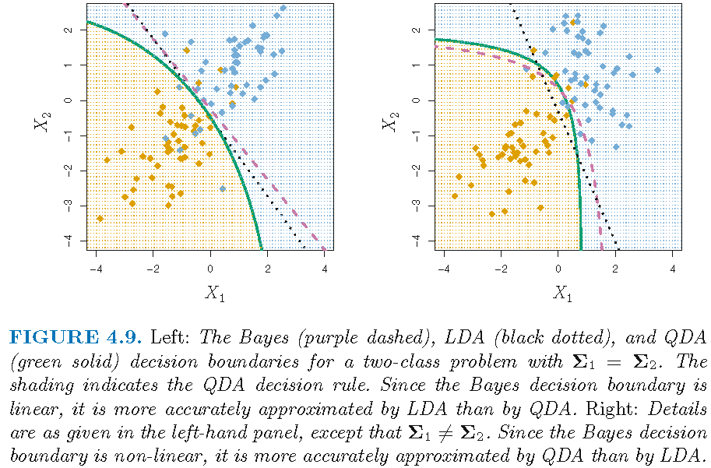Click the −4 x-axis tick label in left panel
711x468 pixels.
(94, 269)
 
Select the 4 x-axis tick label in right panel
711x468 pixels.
(672, 269)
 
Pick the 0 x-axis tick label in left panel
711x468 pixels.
(210, 269)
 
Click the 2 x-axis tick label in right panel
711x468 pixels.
(615, 269)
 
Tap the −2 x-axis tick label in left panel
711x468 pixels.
(152, 269)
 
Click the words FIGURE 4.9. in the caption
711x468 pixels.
(75, 337)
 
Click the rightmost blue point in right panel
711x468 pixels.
(657, 70)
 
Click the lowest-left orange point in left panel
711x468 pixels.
(100, 219)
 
